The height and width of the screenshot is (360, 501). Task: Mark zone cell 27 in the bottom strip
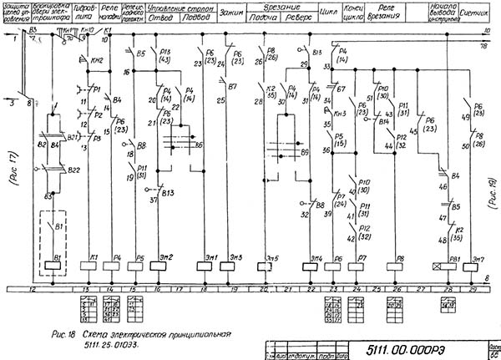(423, 290)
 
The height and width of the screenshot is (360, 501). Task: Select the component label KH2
(97, 61)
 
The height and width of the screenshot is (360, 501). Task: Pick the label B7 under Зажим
(233, 86)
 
